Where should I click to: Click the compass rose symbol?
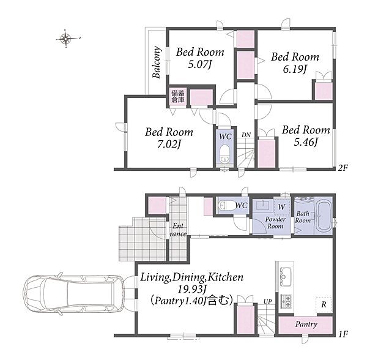pos(66,39)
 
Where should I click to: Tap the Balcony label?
pos(156,62)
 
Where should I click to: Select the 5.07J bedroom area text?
pos(200,64)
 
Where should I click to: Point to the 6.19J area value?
pos(295,69)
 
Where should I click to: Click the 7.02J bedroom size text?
pos(169,144)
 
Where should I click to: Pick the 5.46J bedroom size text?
pos(306,142)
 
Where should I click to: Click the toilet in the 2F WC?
pos(224,153)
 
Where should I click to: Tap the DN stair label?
pos(247,135)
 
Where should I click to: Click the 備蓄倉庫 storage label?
pos(178,96)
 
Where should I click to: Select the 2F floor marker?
pos(343,168)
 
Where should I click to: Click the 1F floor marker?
pos(343,334)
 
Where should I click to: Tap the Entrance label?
pos(178,230)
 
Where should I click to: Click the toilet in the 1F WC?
pos(226,206)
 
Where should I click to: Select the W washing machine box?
pos(282,207)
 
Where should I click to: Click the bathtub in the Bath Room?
pos(323,216)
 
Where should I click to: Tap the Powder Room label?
pos(275,223)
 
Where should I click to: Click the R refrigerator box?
pos(324,304)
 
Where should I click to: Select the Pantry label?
pos(306,324)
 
